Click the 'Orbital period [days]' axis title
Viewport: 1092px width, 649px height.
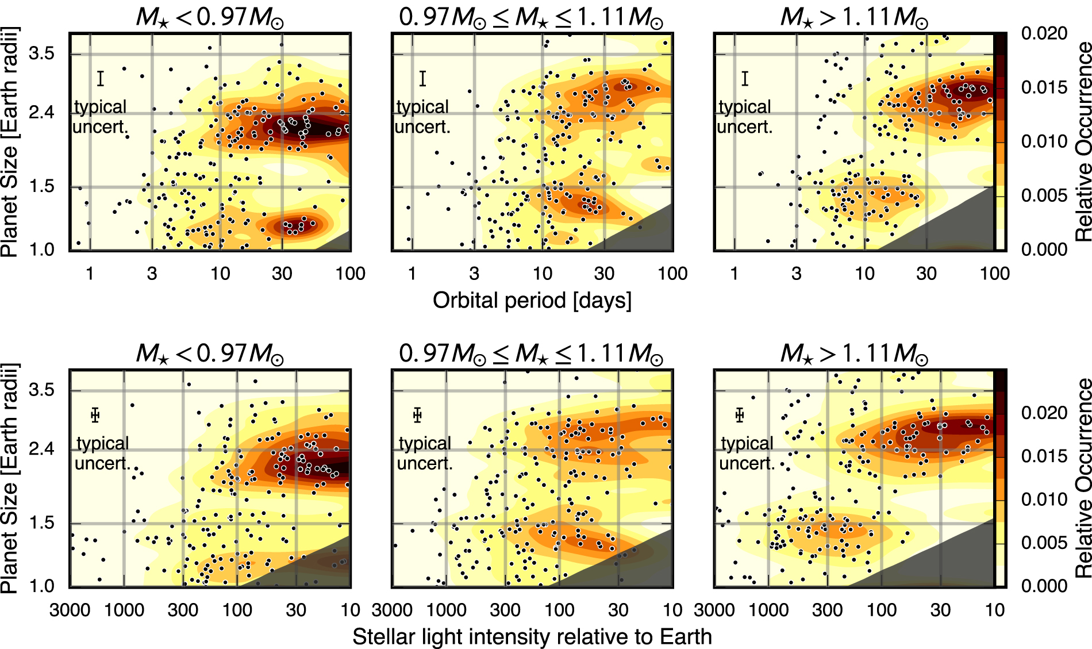532,301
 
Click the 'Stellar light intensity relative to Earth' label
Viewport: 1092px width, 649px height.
532,637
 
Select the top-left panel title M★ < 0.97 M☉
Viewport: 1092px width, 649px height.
210,17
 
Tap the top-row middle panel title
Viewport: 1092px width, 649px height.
531,17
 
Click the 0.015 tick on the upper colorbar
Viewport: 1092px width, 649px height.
1044,87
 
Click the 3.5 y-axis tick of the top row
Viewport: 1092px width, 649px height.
41,53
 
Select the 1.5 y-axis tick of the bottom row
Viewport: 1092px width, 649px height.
41,523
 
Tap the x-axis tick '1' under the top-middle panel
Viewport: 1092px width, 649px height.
412,273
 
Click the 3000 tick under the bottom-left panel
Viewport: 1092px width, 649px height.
70,609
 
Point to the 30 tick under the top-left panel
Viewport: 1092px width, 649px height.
282,273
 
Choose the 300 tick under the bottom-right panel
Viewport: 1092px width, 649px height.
828,609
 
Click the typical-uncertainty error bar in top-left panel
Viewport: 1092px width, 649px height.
101,79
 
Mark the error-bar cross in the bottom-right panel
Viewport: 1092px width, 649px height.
740,415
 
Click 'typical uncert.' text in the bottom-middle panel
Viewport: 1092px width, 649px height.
425,453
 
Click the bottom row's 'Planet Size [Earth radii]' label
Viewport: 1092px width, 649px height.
10,477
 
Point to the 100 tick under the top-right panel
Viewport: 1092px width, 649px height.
994,273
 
